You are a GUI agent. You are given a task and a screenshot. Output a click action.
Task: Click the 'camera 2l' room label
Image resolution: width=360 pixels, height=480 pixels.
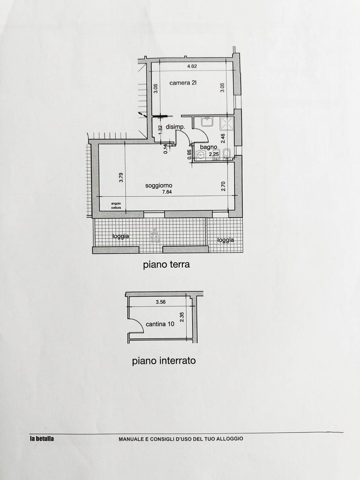[183, 83]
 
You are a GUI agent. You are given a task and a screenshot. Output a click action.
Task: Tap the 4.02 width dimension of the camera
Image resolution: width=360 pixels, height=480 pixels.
[192, 66]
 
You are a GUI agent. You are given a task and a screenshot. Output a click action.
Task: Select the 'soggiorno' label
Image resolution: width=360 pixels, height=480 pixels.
[159, 186]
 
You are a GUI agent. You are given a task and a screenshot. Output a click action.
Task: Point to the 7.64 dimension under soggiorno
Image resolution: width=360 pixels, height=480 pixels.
[167, 192]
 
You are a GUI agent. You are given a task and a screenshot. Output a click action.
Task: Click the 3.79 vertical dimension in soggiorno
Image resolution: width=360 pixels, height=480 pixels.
[121, 178]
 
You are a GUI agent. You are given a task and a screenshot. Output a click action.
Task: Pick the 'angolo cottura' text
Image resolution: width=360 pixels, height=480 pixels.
[116, 205]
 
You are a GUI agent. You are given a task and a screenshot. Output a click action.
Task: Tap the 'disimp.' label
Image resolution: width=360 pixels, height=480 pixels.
[176, 127]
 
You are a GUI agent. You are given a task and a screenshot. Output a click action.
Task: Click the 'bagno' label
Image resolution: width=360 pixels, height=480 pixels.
[209, 147]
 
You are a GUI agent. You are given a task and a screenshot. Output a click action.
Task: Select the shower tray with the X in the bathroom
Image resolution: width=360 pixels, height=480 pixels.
[227, 123]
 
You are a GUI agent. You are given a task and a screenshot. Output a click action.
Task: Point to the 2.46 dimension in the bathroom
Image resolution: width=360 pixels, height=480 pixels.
[223, 138]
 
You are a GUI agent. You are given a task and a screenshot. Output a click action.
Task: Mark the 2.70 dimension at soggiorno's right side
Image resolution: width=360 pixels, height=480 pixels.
[223, 186]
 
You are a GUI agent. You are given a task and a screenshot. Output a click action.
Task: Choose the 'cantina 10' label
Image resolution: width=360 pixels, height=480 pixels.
[160, 324]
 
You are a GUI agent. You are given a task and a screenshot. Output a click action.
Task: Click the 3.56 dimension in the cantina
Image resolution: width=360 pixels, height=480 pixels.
[161, 302]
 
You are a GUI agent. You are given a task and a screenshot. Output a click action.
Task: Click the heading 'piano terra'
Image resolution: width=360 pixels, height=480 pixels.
[166, 264]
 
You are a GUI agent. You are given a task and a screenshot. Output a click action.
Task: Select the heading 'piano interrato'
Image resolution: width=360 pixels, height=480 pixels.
[164, 361]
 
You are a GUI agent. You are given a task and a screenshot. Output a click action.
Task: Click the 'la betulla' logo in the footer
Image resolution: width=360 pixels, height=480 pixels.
[42, 439]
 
